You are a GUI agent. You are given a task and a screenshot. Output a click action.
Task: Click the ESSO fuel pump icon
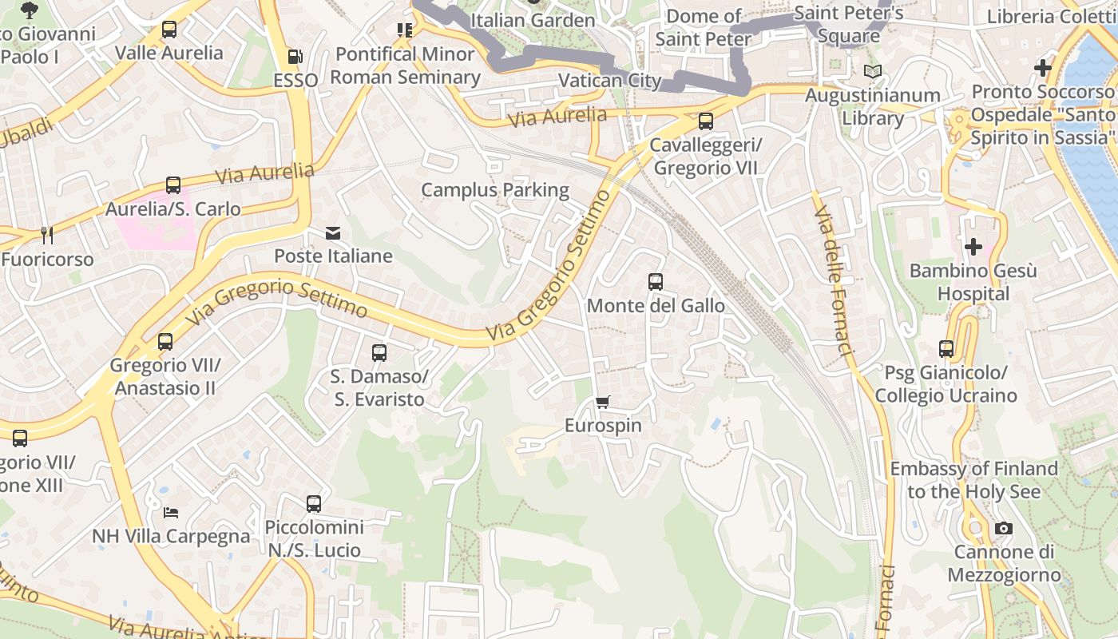[295, 57]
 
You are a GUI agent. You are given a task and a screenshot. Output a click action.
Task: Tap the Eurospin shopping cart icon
[603, 402]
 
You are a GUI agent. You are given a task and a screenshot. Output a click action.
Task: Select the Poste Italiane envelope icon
[333, 233]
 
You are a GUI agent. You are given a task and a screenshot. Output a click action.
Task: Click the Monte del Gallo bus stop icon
[656, 282]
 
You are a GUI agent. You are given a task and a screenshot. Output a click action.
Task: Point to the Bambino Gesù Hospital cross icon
[973, 247]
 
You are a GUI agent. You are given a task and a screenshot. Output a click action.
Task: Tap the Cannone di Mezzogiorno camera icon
[1004, 528]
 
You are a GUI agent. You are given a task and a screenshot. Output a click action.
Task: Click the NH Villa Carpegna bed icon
[171, 512]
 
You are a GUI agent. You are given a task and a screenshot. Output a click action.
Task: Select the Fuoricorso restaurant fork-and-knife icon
[47, 235]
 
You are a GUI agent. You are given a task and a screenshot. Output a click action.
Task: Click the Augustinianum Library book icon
[873, 72]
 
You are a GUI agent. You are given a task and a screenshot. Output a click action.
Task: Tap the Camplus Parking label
[495, 190]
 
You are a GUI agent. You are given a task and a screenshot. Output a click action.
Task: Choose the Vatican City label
[610, 81]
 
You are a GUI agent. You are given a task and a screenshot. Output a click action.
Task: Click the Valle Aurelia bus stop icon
[169, 30]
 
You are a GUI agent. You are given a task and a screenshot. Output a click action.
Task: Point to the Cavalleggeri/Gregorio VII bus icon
[706, 121]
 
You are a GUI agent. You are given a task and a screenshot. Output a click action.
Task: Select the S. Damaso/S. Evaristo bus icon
[379, 352]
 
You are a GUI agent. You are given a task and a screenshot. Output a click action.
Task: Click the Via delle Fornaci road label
[834, 280]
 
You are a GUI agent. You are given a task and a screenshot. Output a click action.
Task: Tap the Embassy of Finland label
[974, 479]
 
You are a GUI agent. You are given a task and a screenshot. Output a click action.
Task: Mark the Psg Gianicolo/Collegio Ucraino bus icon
[946, 349]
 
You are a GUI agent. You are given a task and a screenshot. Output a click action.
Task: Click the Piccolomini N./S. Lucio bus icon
[314, 504]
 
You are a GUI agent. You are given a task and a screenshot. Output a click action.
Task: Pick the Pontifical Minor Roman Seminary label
[406, 65]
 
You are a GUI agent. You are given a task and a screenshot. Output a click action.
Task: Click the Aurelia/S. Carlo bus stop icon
[173, 185]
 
